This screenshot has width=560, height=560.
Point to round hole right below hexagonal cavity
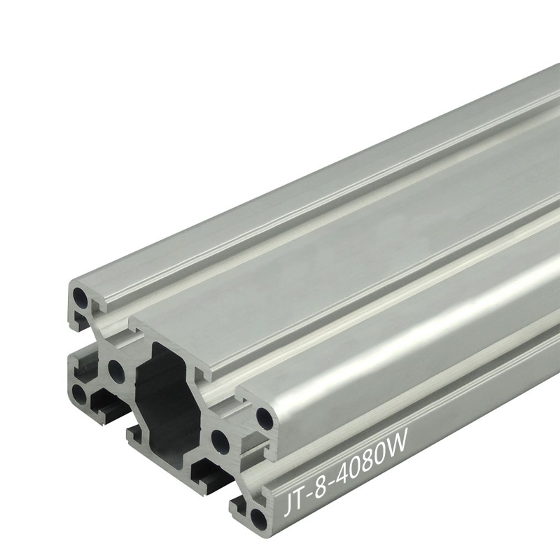(x=219, y=440)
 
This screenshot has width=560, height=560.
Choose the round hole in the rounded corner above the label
(x=265, y=419)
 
